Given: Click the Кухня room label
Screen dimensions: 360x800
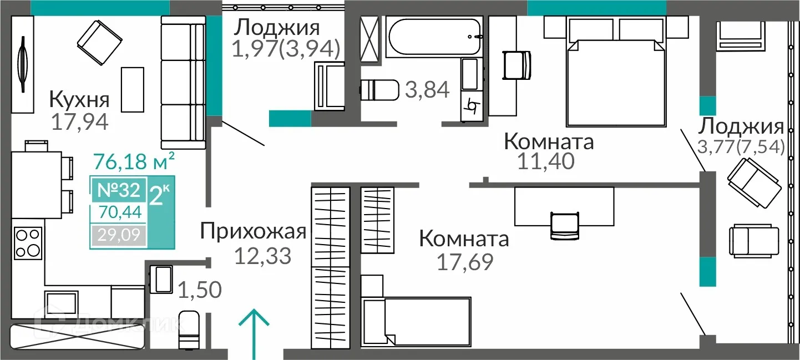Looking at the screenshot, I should point(79,100).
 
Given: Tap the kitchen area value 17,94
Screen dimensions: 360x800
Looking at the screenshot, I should point(79,121).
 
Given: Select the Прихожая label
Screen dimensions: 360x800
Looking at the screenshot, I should point(254,231).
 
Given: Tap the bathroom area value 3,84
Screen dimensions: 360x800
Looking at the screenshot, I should point(427,89).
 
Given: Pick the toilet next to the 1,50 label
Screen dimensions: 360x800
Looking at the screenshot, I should point(189,329).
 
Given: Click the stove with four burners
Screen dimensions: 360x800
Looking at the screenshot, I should point(28,243).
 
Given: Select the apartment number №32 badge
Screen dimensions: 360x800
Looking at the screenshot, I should point(118,190).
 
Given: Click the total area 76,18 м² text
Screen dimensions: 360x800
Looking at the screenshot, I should point(135,163).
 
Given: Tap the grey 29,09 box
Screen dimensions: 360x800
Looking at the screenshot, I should point(118,236).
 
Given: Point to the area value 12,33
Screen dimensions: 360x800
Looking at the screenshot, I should point(262,256).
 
